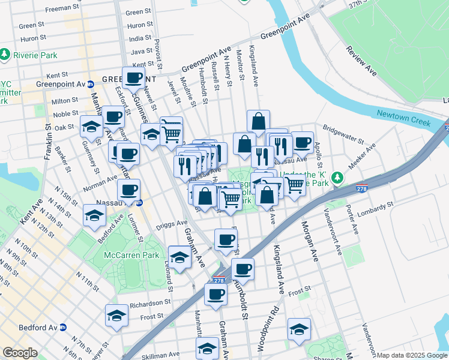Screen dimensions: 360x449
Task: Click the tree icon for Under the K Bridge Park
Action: tap(337, 178)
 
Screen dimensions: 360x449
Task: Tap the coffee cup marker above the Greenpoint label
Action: tap(133, 77)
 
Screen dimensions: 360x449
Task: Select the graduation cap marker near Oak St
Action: tap(91, 126)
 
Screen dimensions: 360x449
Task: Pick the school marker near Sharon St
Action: tap(298, 329)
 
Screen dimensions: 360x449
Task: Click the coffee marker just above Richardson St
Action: tap(215, 295)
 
